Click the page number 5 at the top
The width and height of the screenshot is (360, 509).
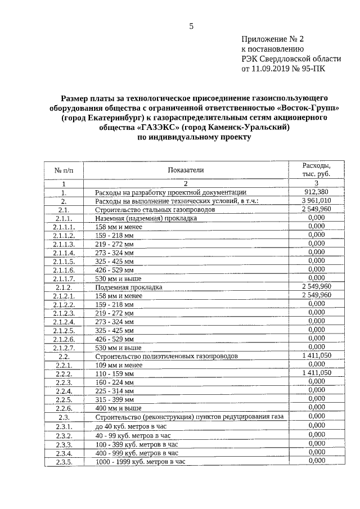[x=191, y=26]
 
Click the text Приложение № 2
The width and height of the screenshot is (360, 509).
[x=272, y=39]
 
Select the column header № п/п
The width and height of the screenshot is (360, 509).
[x=64, y=170]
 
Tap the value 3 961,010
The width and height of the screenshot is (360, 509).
[x=316, y=200]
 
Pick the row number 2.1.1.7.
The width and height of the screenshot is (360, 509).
[x=64, y=278]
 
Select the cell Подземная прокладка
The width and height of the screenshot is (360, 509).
[x=129, y=287]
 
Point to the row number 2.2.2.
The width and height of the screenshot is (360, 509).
[x=64, y=373]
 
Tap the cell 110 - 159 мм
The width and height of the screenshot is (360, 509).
[x=115, y=373]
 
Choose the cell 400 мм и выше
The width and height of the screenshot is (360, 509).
[x=118, y=408]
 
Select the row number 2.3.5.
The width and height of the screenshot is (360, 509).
[x=64, y=462]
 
